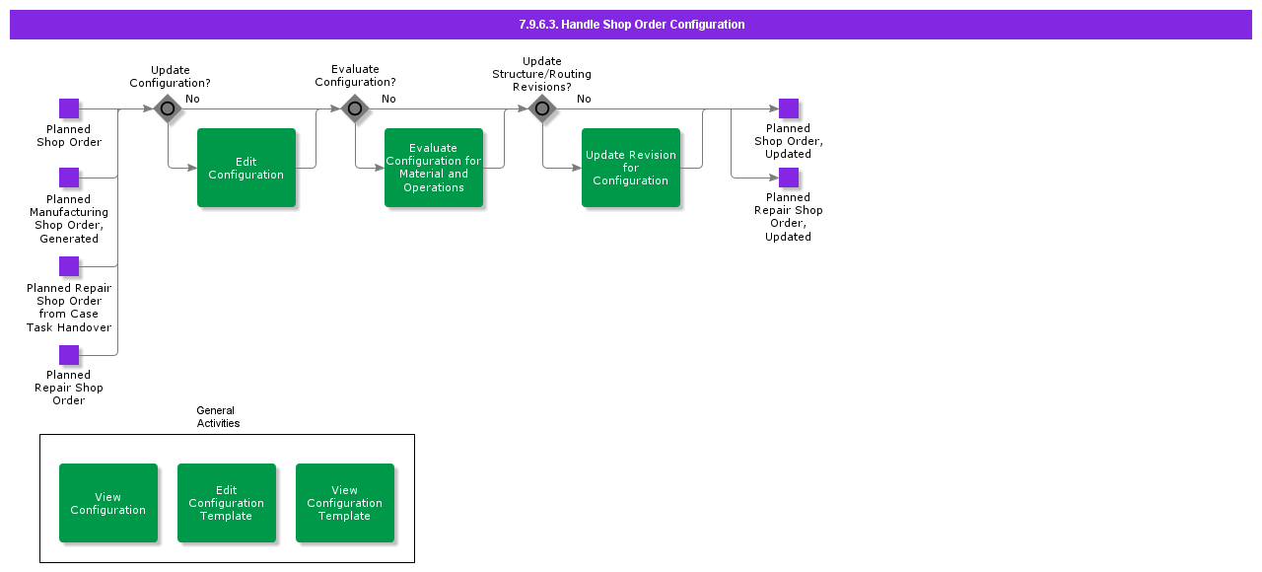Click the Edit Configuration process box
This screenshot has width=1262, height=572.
[246, 168]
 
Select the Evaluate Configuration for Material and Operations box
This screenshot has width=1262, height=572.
[434, 168]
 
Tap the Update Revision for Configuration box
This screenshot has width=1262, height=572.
[631, 168]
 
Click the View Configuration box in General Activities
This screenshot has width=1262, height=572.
[108, 503]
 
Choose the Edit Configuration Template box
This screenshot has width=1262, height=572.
[227, 503]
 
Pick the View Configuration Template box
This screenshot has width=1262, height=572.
[345, 503]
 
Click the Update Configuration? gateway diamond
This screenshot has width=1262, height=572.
[168, 108]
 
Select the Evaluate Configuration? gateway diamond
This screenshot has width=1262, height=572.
[355, 108]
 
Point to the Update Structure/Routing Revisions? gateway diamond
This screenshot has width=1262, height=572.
[542, 108]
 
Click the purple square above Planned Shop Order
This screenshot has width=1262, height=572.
[69, 108]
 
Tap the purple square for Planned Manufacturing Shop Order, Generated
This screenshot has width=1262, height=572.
[69, 178]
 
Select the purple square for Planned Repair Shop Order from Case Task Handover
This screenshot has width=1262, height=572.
[69, 266]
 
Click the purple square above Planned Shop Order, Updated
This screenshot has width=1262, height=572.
[789, 108]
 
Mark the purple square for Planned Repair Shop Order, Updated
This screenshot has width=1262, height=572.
[789, 178]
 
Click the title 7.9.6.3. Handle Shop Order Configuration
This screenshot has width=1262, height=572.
[631, 25]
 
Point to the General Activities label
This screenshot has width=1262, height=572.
[217, 417]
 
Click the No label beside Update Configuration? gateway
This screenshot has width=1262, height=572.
[192, 99]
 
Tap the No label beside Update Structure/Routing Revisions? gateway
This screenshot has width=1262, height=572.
[584, 99]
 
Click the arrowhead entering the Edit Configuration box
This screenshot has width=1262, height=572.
[192, 168]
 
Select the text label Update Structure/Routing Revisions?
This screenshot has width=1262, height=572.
[542, 74]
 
